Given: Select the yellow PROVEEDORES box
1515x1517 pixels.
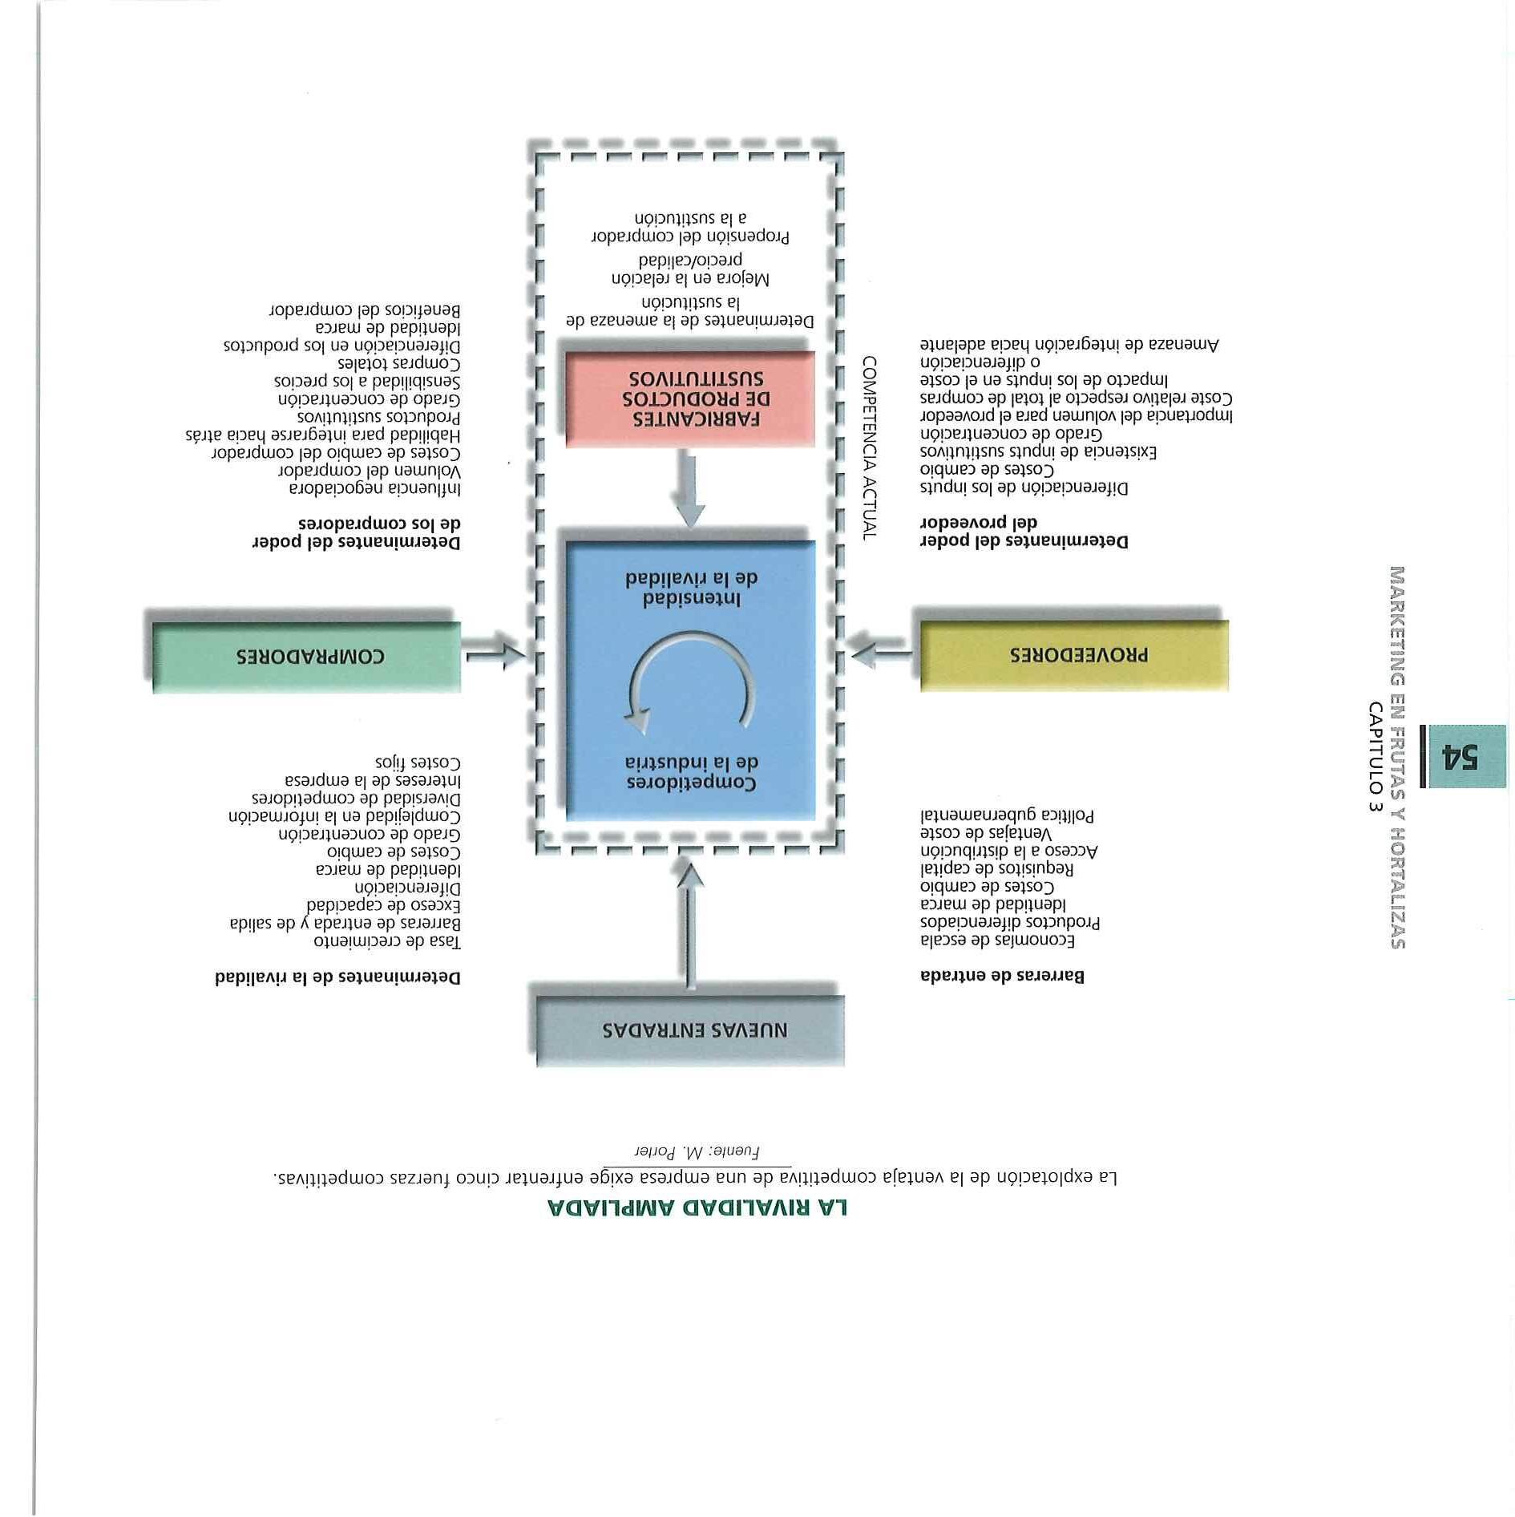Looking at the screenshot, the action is click(1074, 655).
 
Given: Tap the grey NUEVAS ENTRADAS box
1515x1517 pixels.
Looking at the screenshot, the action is click(690, 1030).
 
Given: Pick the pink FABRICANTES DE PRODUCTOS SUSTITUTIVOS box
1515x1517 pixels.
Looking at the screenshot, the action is click(690, 398).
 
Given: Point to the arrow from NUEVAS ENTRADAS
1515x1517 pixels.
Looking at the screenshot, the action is click(690, 922).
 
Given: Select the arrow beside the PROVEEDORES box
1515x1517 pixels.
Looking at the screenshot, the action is click(880, 655).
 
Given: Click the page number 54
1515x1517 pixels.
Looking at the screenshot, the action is click(1463, 756).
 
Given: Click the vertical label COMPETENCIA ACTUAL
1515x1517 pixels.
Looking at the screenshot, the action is click(869, 448).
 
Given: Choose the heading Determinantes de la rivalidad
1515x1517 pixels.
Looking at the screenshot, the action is click(337, 977).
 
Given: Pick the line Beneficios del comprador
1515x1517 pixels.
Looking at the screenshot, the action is click(365, 309).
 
